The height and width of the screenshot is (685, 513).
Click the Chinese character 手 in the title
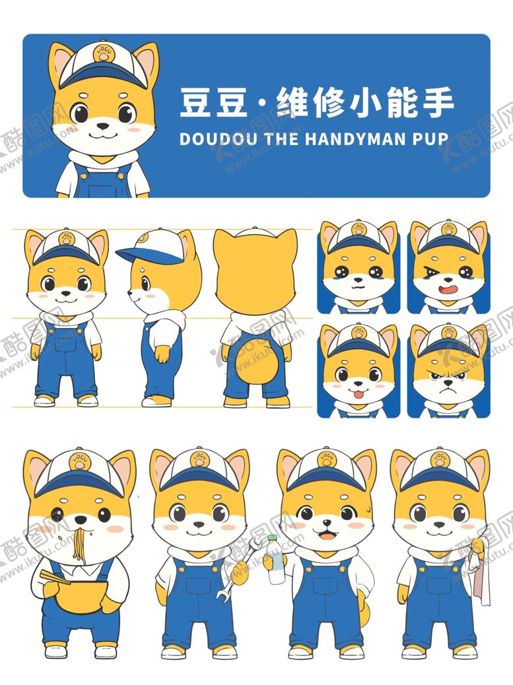click(436, 104)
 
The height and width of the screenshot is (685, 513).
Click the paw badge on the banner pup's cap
click(102, 53)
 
